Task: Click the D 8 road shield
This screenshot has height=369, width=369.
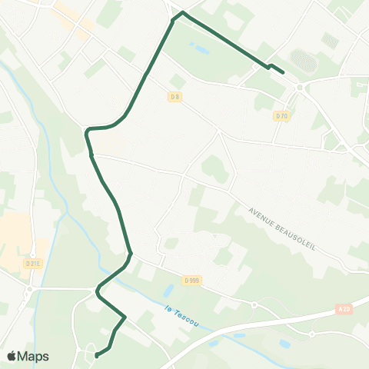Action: tap(175, 97)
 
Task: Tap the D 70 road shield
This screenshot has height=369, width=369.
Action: tap(282, 116)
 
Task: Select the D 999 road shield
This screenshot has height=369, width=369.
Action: tap(192, 281)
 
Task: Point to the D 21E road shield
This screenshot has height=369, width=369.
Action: tap(32, 263)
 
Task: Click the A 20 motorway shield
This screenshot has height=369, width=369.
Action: tap(344, 307)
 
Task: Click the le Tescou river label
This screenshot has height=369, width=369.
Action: tap(181, 316)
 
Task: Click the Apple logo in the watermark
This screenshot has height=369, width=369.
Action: tap(12, 356)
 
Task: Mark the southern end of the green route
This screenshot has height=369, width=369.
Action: tap(96, 356)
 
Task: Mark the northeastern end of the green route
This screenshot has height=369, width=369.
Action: tap(284, 73)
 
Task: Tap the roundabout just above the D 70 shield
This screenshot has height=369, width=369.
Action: tap(299, 88)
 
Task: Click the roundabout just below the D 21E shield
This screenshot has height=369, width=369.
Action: tap(28, 291)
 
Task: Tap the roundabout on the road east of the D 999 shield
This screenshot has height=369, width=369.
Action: tap(254, 304)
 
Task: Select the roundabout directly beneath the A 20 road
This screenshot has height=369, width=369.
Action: tap(312, 334)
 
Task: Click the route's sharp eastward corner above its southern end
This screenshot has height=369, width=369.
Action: tap(125, 316)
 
